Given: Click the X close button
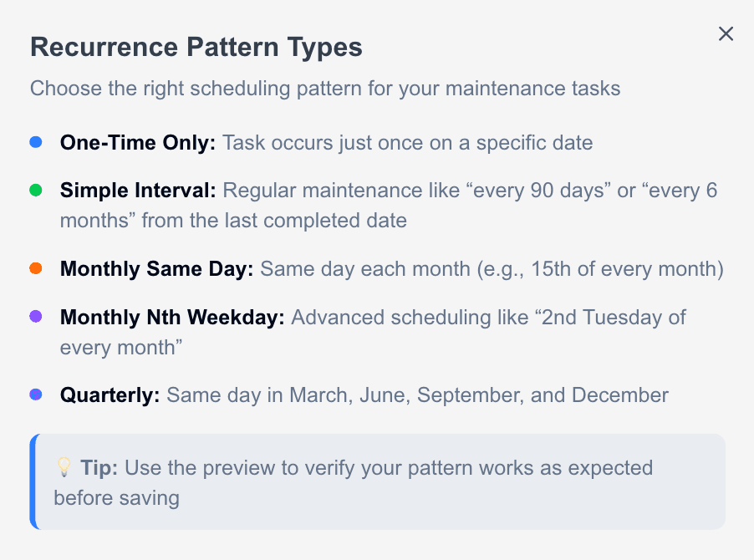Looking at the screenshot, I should [726, 33].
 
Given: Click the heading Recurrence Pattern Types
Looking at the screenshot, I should [196, 48].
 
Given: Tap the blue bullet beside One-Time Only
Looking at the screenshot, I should [36, 143].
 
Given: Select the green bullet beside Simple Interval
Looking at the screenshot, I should [36, 191].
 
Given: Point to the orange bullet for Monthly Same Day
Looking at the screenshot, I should [36, 268].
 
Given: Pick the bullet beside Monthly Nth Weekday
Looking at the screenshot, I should [36, 316].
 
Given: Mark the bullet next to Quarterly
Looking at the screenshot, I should [36, 395].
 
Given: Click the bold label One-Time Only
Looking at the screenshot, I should [138, 143].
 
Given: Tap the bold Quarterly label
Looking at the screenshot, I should [110, 395].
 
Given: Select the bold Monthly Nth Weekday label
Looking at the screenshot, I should [172, 317].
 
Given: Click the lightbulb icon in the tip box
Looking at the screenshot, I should [64, 467].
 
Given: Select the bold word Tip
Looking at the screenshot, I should [99, 467].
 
